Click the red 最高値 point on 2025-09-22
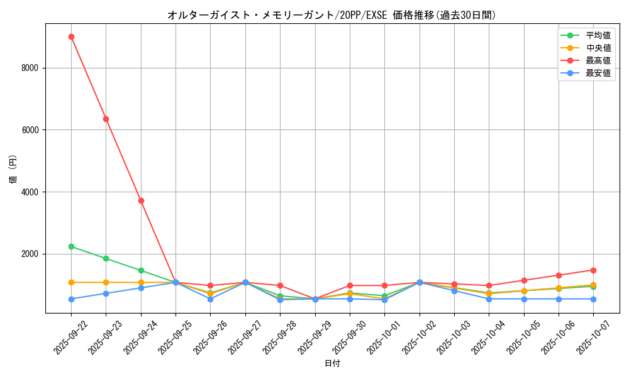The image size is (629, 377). pyautogui.click(x=71, y=36)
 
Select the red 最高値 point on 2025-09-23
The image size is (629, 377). pyautogui.click(x=106, y=119)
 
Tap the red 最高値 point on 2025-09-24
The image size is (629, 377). pyautogui.click(x=141, y=200)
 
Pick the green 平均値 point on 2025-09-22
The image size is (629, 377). pyautogui.click(x=71, y=246)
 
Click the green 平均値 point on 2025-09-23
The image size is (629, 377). pyautogui.click(x=106, y=258)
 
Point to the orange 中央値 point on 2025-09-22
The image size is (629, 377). pyautogui.click(x=71, y=282)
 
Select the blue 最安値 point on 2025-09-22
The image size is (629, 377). pyautogui.click(x=71, y=299)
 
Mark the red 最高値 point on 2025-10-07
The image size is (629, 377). pyautogui.click(x=593, y=270)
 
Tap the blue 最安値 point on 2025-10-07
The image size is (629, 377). pyautogui.click(x=593, y=299)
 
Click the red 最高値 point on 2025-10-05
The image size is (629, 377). pyautogui.click(x=524, y=280)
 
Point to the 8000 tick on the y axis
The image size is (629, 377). pyautogui.click(x=30, y=68)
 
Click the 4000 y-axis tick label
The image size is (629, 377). pyautogui.click(x=30, y=192)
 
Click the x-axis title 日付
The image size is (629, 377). pyautogui.click(x=332, y=363)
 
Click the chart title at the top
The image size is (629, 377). pyautogui.click(x=332, y=15)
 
